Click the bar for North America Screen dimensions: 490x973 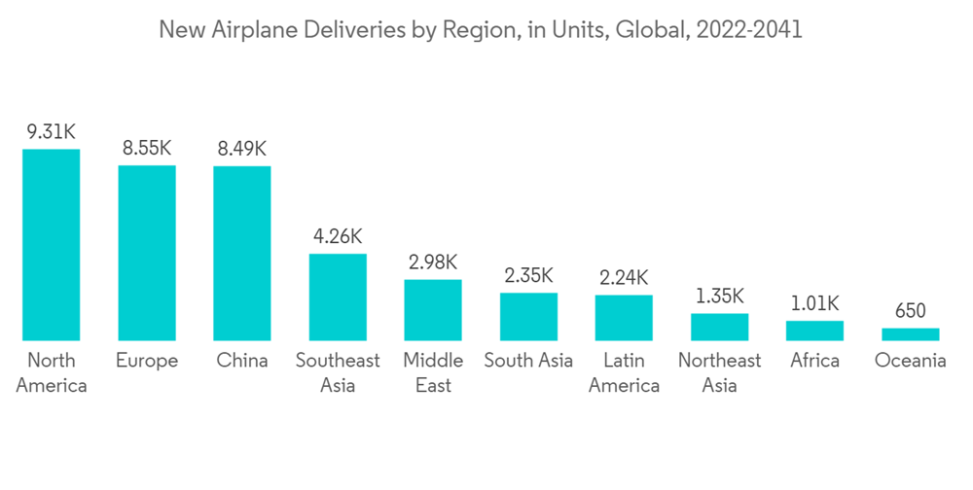tap(52, 245)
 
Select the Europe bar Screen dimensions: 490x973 tap(147, 253)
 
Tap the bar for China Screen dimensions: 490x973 tap(242, 254)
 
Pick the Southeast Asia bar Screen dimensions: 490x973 tap(338, 297)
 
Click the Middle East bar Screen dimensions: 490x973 tap(433, 310)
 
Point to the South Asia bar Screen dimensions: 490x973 tap(528, 317)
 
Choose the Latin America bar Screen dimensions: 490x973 tap(624, 318)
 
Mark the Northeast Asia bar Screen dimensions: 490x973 tap(719, 327)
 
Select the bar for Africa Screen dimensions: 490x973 tap(814, 331)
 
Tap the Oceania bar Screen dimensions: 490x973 tap(910, 334)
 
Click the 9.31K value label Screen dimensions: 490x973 tap(52, 132)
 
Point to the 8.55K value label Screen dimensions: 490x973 tap(147, 149)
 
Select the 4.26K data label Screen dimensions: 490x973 tap(338, 236)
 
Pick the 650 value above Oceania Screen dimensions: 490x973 tap(910, 311)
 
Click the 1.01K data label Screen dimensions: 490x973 tap(814, 304)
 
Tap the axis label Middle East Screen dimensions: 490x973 tap(433, 372)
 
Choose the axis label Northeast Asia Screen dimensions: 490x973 tap(719, 372)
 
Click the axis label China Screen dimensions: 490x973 tap(242, 361)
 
